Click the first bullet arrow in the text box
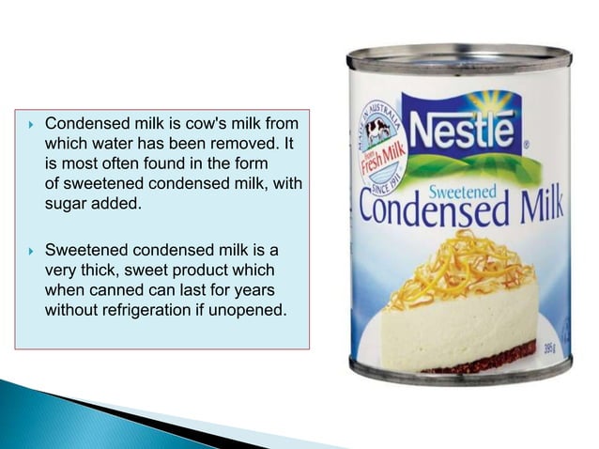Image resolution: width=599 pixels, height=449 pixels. (x=30, y=123)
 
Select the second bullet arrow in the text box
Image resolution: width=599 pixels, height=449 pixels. (x=30, y=251)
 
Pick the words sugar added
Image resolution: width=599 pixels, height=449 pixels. (x=93, y=205)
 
